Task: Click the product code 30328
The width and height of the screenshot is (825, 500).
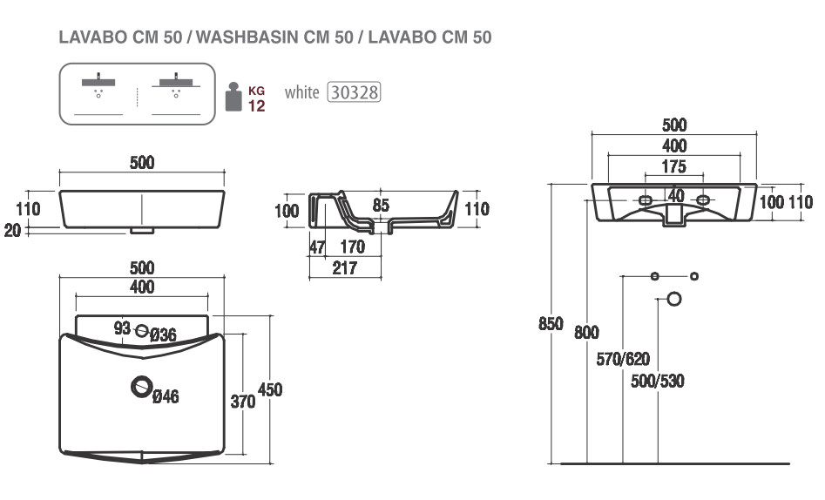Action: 354,92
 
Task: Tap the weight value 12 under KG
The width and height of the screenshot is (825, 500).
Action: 257,105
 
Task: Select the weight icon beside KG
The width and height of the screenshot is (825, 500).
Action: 233,97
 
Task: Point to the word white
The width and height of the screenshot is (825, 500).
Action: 302,92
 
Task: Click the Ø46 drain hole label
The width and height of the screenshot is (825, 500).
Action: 166,395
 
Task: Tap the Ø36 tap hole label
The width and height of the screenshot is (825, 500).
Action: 163,334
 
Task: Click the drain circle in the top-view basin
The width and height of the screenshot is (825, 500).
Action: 141,387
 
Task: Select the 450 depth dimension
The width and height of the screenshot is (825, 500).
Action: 270,389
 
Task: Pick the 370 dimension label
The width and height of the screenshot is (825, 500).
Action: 243,402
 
